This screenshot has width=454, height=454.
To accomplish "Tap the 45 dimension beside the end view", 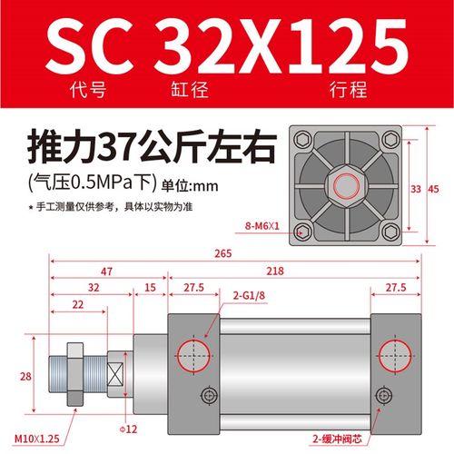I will tap(433, 189).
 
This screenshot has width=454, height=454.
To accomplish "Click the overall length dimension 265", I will tap(241, 255).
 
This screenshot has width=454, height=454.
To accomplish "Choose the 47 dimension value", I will tap(106, 271).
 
